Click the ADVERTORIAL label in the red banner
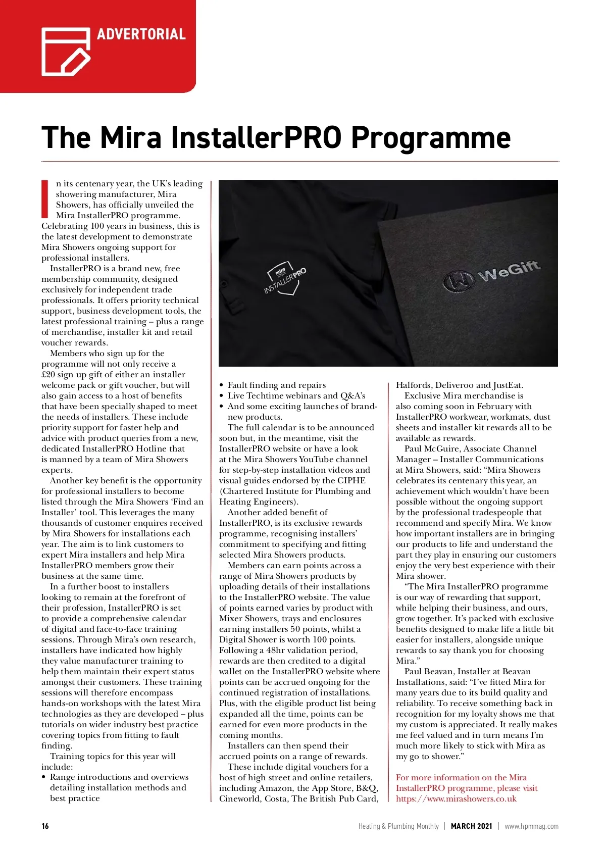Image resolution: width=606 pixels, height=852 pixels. (x=141, y=34)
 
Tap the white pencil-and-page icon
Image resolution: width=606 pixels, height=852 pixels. (x=65, y=52)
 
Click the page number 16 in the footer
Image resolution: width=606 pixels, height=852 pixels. (x=45, y=826)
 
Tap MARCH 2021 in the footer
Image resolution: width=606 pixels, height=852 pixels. (x=471, y=826)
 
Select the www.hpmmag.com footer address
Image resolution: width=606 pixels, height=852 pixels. (x=531, y=826)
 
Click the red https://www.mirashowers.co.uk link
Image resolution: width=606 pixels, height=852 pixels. (x=456, y=799)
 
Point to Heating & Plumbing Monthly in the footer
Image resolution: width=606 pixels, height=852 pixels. (x=398, y=826)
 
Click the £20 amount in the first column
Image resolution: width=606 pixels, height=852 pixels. (x=48, y=375)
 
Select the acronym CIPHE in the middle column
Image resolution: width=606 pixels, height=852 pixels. (x=351, y=481)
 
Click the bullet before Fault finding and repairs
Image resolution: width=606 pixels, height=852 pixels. (x=222, y=385)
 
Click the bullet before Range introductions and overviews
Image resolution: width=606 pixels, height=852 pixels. (x=44, y=777)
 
